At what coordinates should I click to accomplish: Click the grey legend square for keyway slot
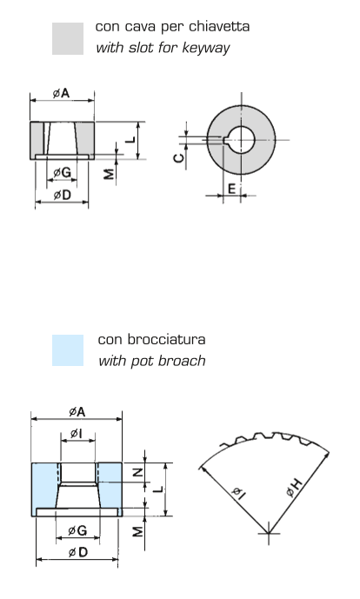click(68, 38)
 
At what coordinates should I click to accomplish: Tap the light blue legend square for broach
click(68, 350)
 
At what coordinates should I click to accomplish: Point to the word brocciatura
click(167, 339)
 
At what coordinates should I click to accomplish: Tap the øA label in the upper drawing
click(62, 93)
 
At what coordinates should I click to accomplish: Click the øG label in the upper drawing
click(62, 172)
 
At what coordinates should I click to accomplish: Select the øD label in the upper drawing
click(62, 195)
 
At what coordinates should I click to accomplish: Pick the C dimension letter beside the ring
click(179, 157)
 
